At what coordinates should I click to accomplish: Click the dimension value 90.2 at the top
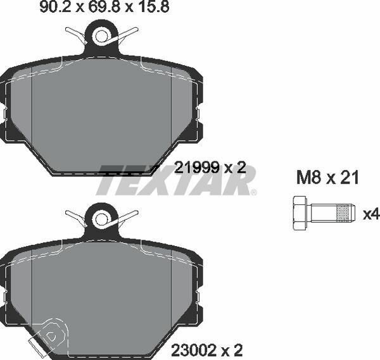[x=55, y=7]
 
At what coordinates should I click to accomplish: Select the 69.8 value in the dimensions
[x=104, y=7]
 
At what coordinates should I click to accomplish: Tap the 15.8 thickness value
[x=154, y=7]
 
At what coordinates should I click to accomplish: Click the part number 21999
[x=197, y=168]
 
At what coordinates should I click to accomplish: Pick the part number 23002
[x=194, y=350]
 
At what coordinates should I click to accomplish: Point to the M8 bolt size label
[x=309, y=177]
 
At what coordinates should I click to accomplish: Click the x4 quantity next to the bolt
[x=370, y=214]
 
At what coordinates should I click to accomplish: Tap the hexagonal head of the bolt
[x=300, y=213]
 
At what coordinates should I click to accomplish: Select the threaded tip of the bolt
[x=346, y=213]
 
